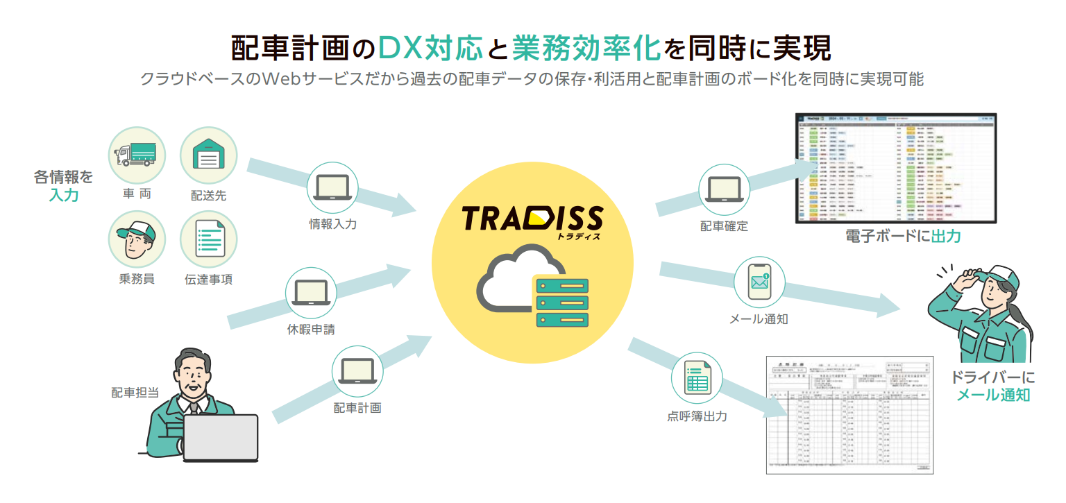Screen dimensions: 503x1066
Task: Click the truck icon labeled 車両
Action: pyautogui.click(x=137, y=155)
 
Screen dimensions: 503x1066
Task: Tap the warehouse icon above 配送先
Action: pyautogui.click(x=208, y=155)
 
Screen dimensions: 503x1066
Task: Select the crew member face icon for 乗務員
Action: pyautogui.click(x=137, y=239)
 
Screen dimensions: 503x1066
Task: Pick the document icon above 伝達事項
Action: pyautogui.click(x=208, y=239)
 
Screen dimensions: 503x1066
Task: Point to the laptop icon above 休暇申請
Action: pyautogui.click(x=311, y=293)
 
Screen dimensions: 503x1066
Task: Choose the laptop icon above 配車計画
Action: pyautogui.click(x=357, y=371)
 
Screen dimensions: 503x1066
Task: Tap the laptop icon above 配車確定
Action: pyautogui.click(x=724, y=189)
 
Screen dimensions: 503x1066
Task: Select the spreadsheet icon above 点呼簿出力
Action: pyautogui.click(x=696, y=378)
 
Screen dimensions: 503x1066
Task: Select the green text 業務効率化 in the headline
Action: pyautogui.click(x=586, y=49)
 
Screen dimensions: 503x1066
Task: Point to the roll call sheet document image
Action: pyautogui.click(x=849, y=415)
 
